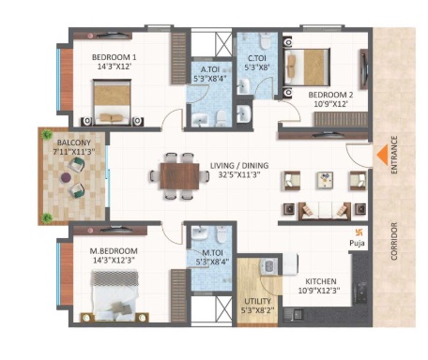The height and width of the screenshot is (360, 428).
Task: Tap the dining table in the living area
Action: [x=179, y=176]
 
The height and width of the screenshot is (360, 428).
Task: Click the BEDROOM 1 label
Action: [x=115, y=57]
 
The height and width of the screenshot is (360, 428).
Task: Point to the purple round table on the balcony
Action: [x=66, y=177]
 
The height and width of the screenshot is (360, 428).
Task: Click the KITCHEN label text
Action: [x=321, y=281]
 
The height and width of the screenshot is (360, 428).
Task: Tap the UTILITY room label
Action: [x=257, y=301]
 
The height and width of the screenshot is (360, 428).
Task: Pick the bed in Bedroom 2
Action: [x=307, y=67]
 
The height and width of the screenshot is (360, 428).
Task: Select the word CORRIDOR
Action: [x=394, y=241]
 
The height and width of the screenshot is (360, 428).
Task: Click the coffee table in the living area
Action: [x=326, y=181]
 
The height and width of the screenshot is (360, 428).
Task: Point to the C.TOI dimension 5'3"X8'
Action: [x=257, y=67]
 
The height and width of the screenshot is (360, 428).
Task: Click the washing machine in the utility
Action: [x=269, y=266]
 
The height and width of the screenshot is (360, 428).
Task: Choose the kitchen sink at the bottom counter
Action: [x=294, y=314]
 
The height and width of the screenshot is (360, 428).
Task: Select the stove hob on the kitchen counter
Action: [x=361, y=292]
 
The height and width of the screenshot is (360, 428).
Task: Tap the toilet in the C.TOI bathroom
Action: [x=265, y=40]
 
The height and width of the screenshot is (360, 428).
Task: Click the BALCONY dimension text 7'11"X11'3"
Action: [x=74, y=152]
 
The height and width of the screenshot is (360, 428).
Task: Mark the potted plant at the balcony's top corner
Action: [x=47, y=134]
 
